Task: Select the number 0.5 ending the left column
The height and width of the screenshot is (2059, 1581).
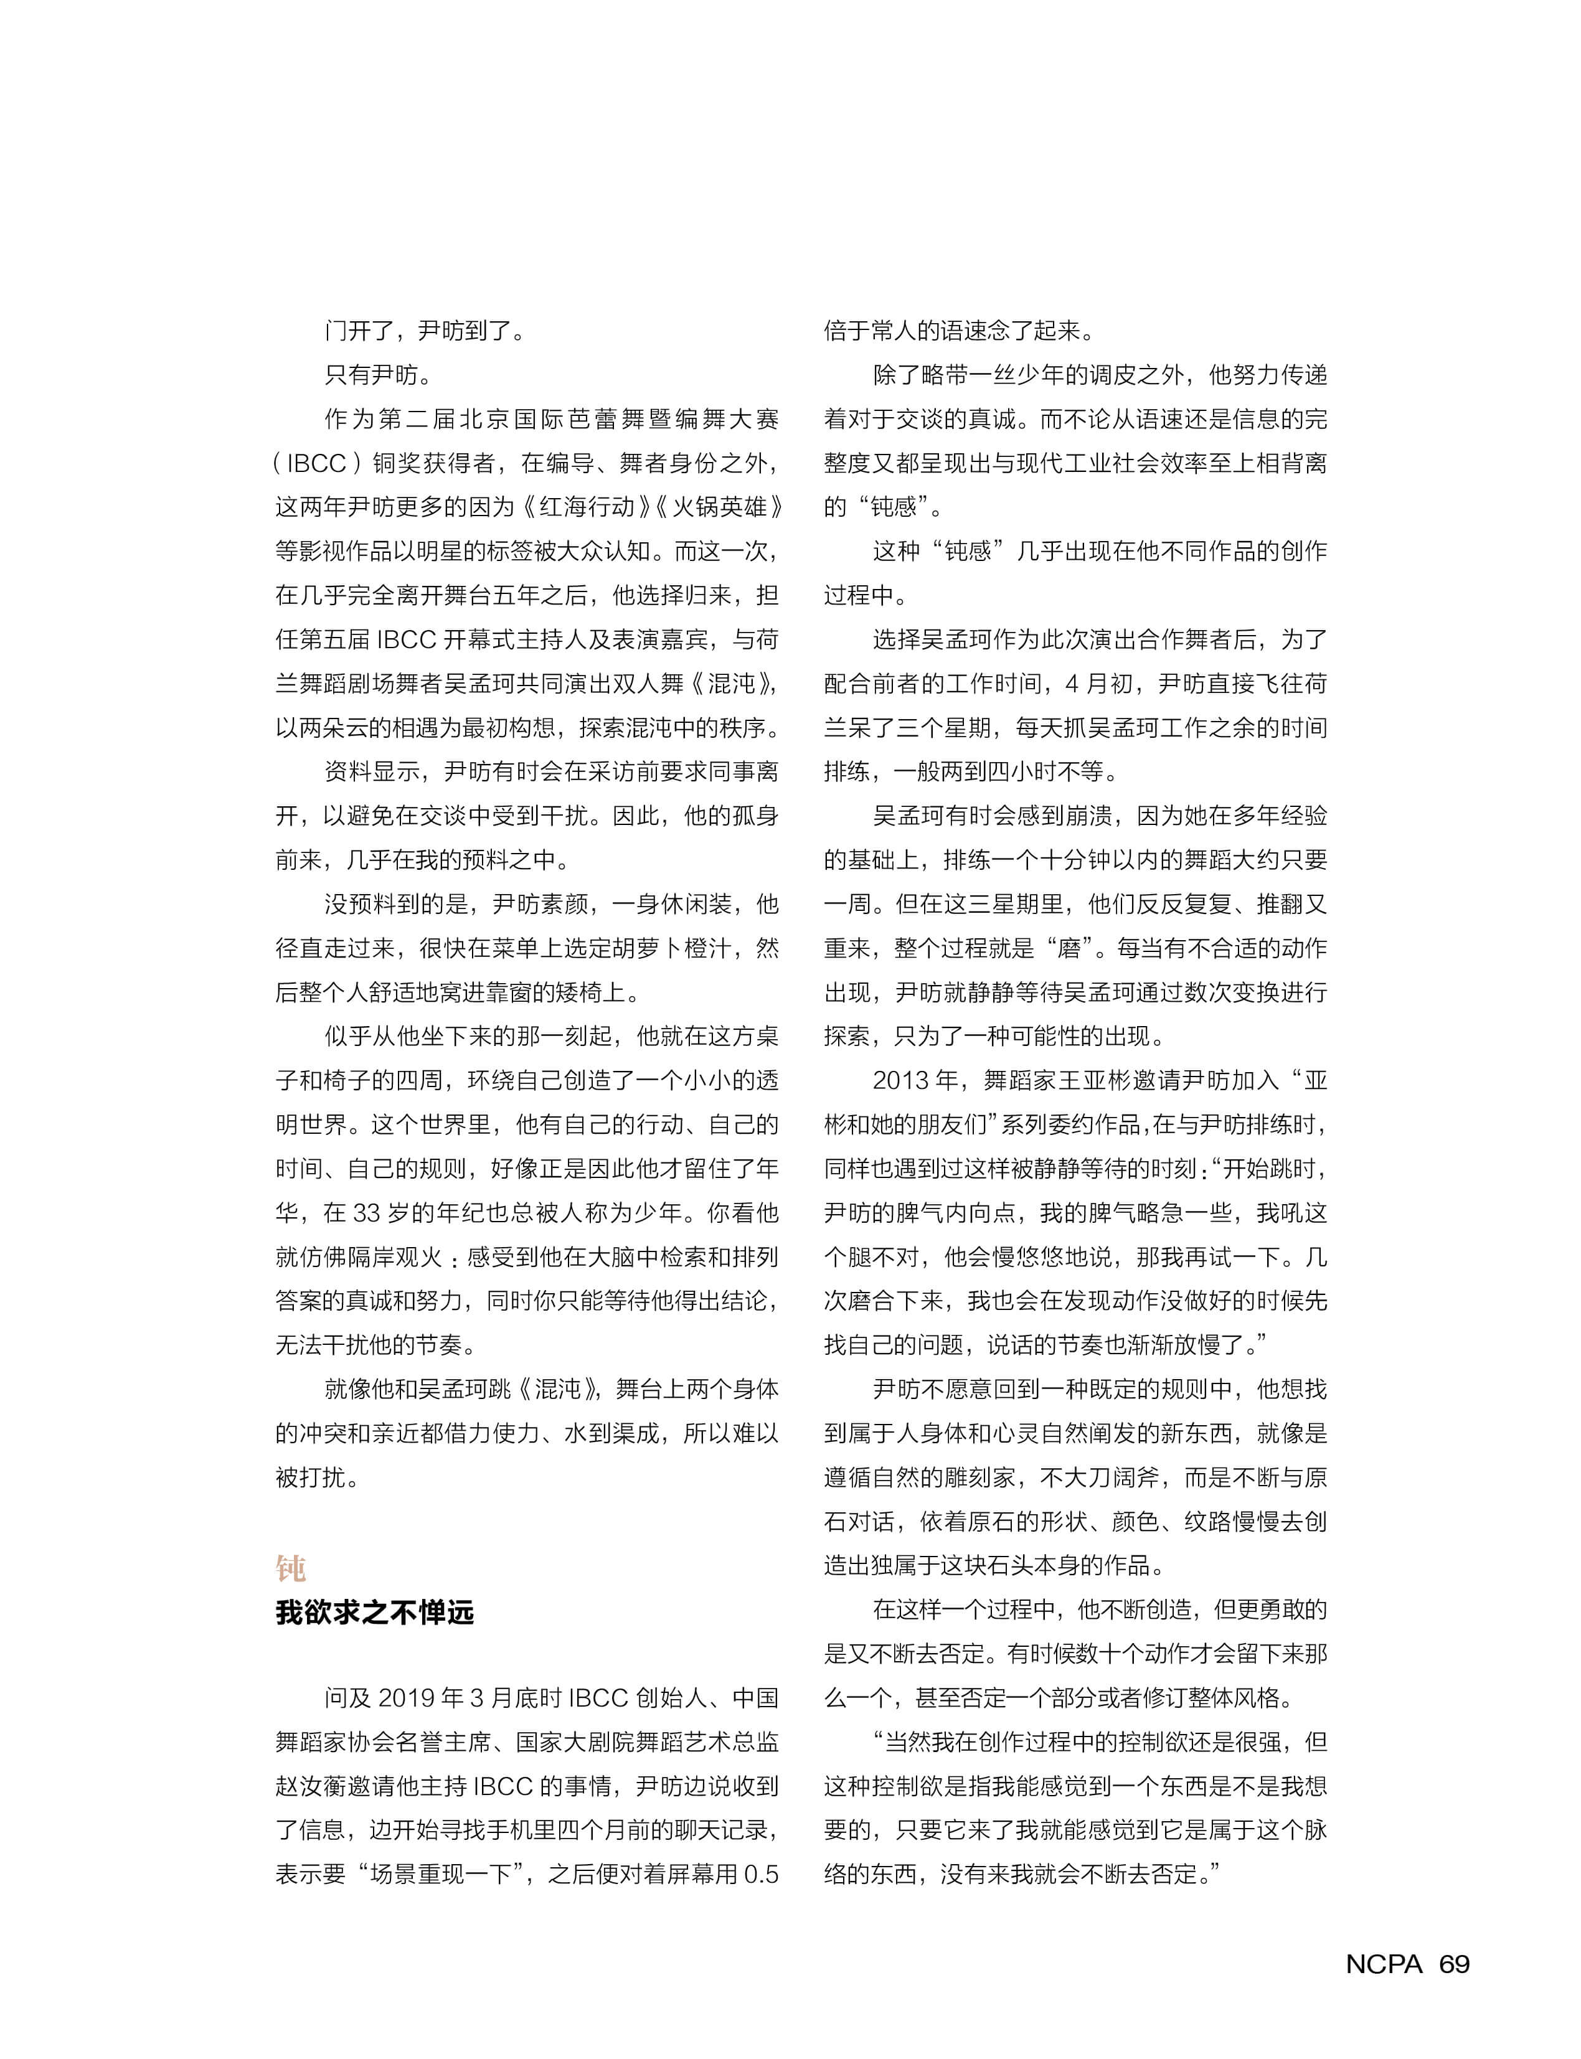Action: tap(760, 1873)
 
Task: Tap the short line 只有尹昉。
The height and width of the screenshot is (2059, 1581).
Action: tap(379, 375)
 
